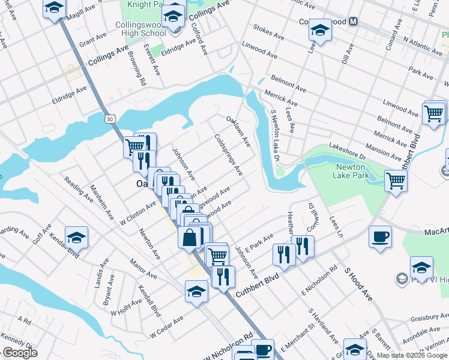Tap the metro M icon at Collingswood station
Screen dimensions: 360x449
click(x=354, y=22)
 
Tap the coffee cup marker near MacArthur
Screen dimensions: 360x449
click(x=381, y=237)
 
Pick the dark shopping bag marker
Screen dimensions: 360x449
click(x=190, y=238)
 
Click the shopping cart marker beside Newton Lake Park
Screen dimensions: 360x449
click(x=396, y=179)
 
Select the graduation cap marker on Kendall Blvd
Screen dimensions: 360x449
click(x=76, y=238)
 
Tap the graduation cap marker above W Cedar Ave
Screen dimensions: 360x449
click(x=196, y=291)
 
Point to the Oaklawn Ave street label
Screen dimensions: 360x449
click(x=238, y=131)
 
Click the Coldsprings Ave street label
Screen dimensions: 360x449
click(x=229, y=155)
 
